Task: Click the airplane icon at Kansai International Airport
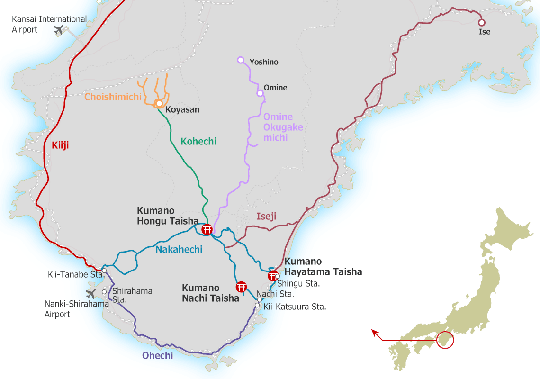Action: (59, 31)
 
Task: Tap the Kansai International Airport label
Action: (50, 24)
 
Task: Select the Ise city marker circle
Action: (482, 22)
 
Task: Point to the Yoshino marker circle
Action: (240, 60)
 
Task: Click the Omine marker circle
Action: (260, 93)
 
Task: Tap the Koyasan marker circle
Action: (160, 103)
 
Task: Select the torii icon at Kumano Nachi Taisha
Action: (241, 287)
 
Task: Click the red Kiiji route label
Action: (60, 145)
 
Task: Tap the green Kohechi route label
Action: (198, 141)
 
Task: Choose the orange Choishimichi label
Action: (113, 97)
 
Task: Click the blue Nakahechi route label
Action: (179, 249)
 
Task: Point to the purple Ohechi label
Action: (157, 355)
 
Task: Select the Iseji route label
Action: (266, 217)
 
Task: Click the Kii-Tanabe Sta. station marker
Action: (104, 271)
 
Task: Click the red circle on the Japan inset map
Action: (445, 340)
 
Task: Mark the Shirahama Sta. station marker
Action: (104, 292)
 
